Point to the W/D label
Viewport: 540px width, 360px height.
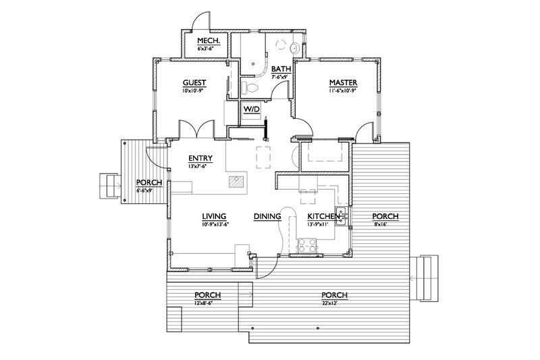(251, 108)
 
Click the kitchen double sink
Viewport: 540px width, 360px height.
(342, 215)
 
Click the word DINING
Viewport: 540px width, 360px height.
(267, 217)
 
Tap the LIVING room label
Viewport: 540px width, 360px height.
(214, 217)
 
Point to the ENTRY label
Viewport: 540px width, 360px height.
(201, 159)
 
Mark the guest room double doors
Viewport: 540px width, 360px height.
(196, 130)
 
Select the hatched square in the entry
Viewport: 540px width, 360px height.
(236, 181)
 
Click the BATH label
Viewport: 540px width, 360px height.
(280, 70)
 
